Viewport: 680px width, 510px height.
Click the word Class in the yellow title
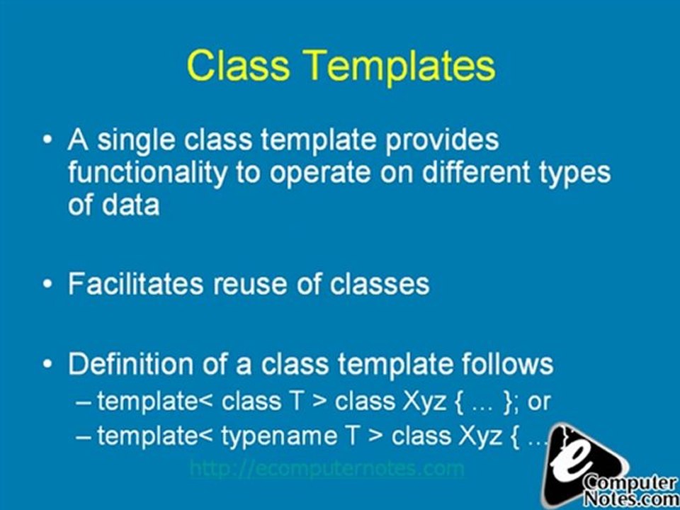coord(238,65)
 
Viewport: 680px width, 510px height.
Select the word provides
coord(442,140)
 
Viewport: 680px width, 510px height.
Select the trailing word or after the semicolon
coord(540,402)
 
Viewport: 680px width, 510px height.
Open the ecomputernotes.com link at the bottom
coord(327,468)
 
